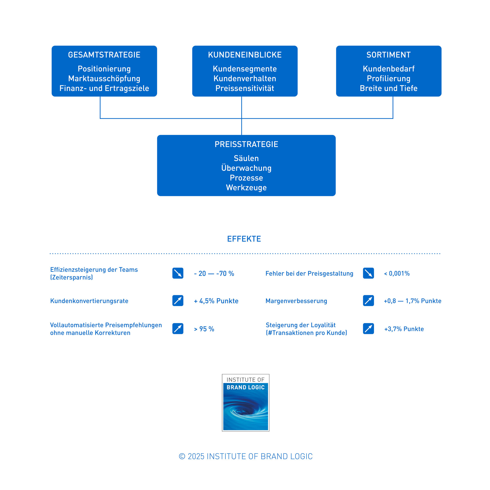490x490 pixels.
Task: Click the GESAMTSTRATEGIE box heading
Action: (104, 55)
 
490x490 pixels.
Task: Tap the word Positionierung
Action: (104, 69)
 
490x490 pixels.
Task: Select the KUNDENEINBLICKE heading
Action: (245, 55)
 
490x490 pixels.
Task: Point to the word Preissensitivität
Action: (245, 88)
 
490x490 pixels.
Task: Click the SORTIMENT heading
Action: (389, 55)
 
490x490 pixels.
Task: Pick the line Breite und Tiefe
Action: (389, 88)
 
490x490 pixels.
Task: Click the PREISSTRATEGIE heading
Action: (246, 144)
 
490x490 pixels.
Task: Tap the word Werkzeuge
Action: (246, 188)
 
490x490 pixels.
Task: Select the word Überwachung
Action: (246, 168)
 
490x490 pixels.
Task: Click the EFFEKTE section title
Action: (244, 239)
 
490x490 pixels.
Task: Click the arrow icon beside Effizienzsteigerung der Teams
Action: (178, 273)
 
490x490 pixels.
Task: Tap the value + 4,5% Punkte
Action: (216, 301)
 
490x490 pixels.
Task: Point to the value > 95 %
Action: (204, 329)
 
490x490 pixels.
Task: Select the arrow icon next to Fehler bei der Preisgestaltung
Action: (368, 273)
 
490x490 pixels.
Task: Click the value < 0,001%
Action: (397, 273)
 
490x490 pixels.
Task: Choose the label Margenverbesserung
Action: (296, 301)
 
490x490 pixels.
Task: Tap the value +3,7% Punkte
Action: (404, 329)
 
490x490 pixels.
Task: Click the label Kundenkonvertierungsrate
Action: (89, 301)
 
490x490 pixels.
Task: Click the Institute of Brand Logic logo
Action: (245, 403)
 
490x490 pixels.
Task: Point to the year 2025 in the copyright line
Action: (196, 456)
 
